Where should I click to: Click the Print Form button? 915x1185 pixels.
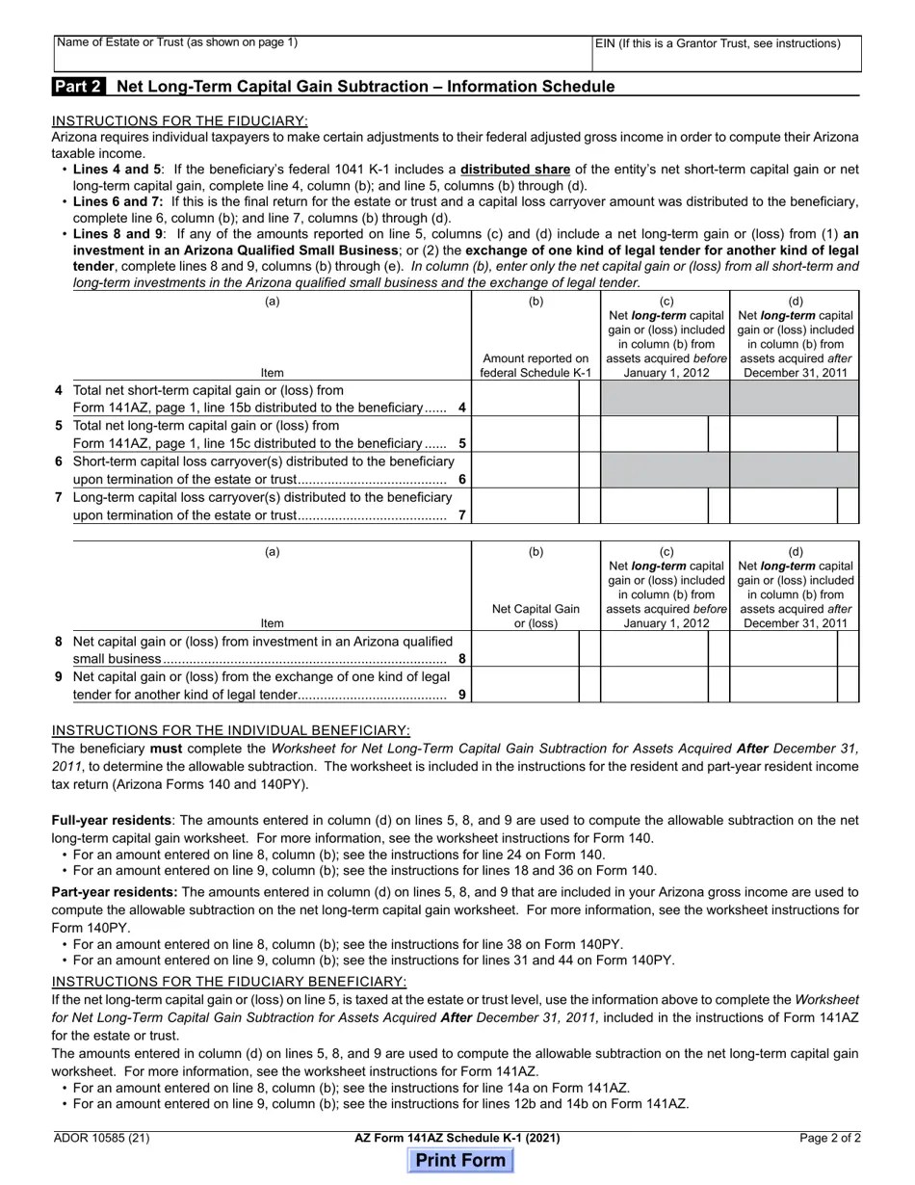[460, 1160]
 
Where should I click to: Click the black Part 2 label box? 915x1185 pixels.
[79, 87]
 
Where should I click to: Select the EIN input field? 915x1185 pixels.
[726, 55]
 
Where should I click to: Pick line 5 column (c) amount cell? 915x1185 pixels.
[654, 434]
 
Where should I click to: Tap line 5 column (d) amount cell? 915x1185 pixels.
[782, 434]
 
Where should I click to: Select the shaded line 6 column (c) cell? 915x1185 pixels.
[665, 470]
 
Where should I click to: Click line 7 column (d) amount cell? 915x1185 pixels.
[782, 506]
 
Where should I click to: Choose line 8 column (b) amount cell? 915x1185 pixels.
[525, 650]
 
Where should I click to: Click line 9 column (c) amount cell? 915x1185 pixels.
[654, 685]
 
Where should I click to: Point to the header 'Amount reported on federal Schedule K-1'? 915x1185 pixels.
[536, 365]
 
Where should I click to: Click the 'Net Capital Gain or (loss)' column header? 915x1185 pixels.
[536, 616]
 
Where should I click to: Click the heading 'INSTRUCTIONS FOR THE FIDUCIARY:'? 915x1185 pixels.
[180, 120]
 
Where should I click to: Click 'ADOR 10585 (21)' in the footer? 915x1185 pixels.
[102, 1138]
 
